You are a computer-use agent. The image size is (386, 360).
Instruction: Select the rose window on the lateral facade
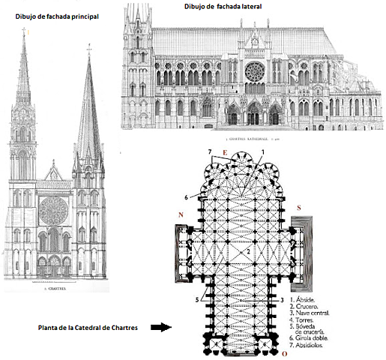point(256,72)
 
